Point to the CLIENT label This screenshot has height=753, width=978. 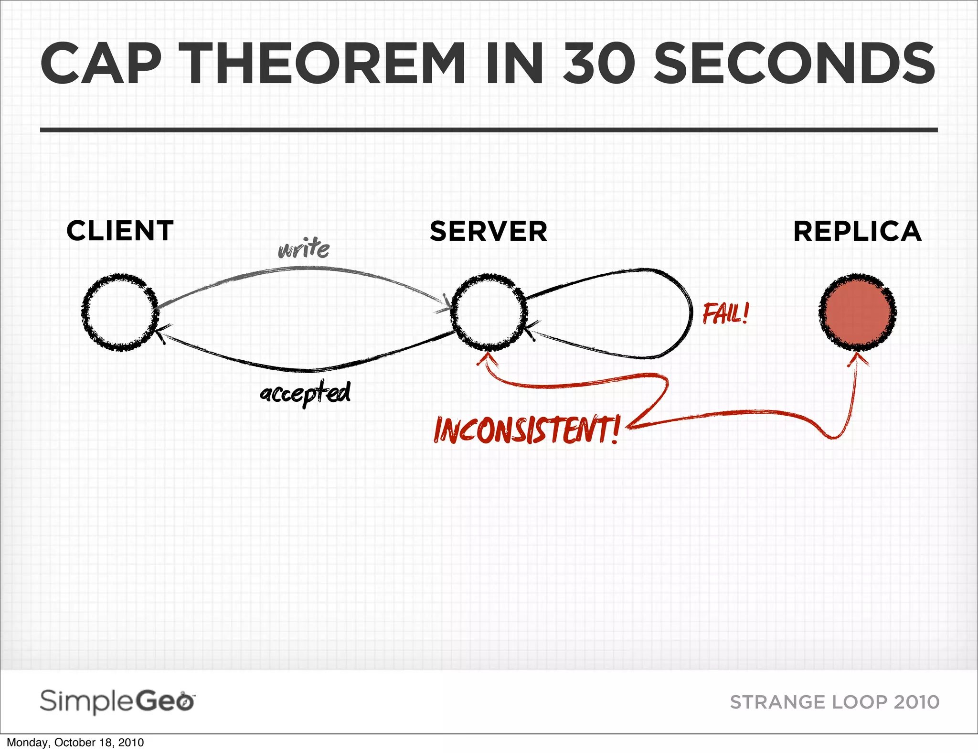(x=120, y=231)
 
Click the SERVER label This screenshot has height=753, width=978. (x=488, y=231)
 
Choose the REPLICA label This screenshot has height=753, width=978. (x=857, y=231)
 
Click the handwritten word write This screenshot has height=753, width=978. (x=304, y=249)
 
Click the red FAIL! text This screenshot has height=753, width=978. (x=725, y=314)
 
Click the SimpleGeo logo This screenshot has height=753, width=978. (x=117, y=701)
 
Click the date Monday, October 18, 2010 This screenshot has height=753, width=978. (x=75, y=742)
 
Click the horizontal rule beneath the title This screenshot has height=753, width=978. (x=489, y=130)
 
